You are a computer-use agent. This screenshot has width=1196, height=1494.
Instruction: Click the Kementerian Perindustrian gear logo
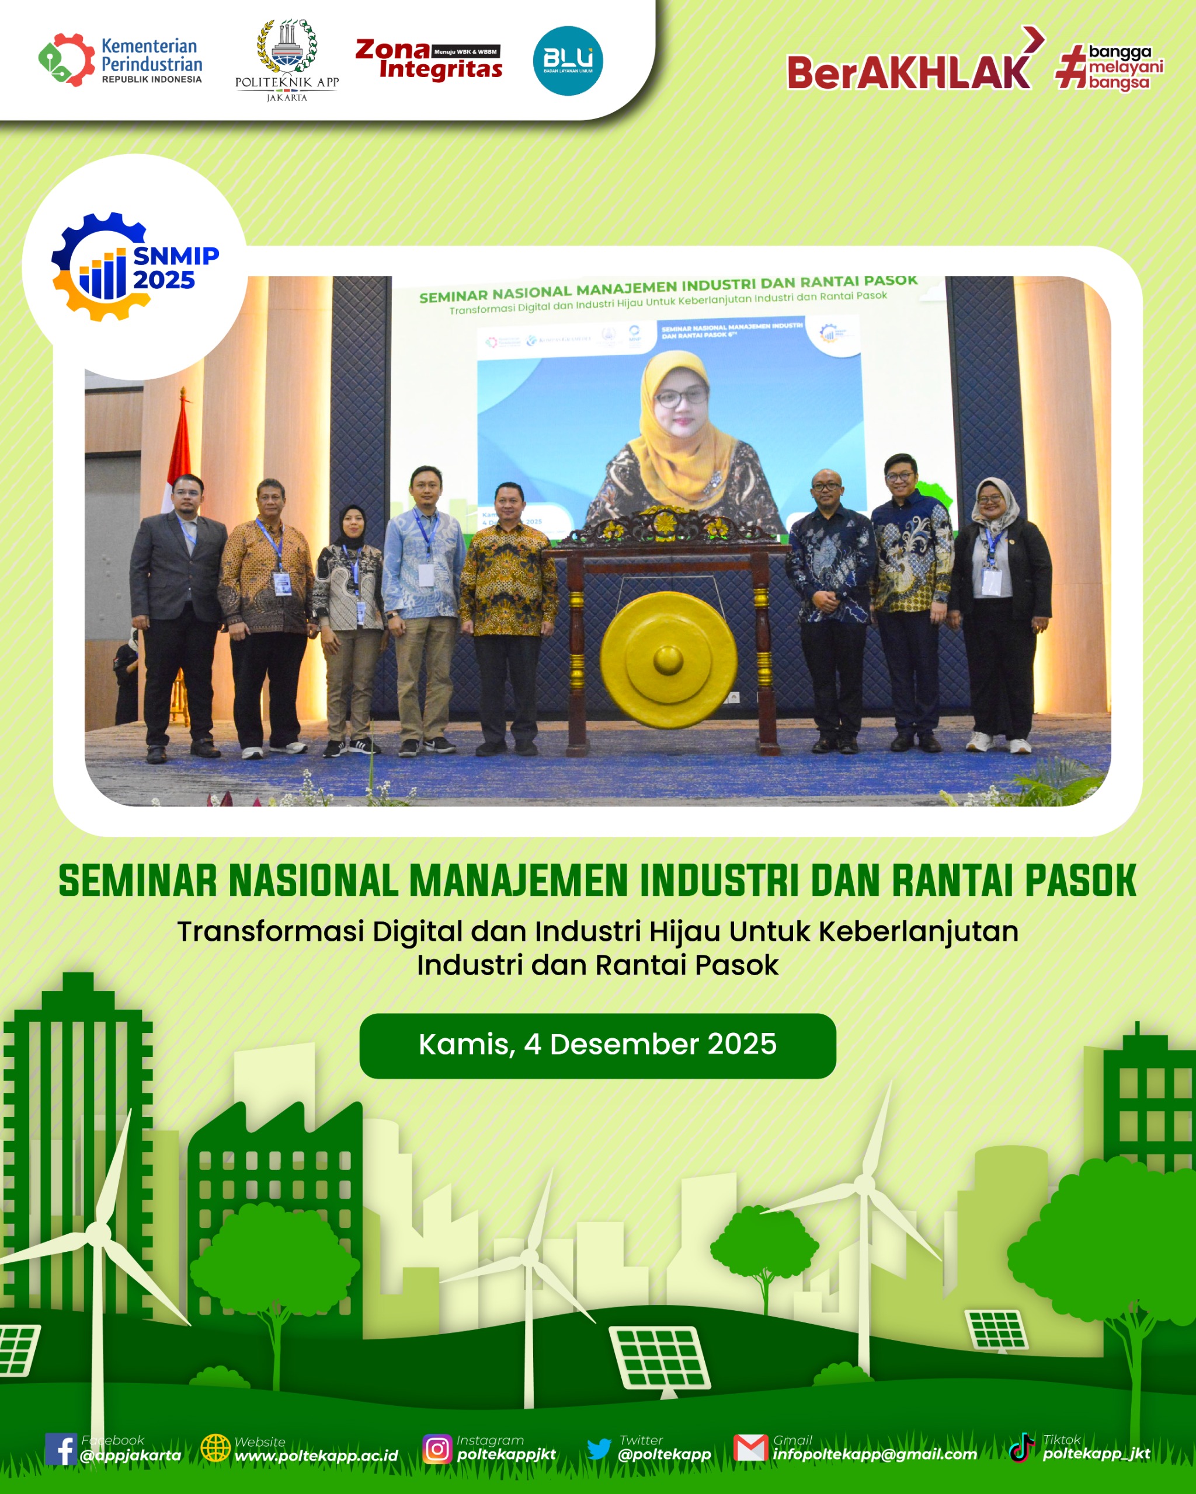[67, 60]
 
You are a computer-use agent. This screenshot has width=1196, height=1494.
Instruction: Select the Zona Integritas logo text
[429, 59]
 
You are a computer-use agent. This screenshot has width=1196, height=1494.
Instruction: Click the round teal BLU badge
[567, 61]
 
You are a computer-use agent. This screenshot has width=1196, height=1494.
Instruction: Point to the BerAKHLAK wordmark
[908, 72]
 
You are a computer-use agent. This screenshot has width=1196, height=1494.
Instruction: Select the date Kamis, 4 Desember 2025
[597, 1044]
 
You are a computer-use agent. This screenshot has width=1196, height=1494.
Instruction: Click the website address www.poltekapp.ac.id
[316, 1456]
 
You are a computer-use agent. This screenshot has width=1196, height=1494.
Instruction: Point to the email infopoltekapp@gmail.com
[875, 1454]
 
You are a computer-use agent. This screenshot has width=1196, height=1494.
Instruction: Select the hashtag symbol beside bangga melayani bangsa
[1070, 67]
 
